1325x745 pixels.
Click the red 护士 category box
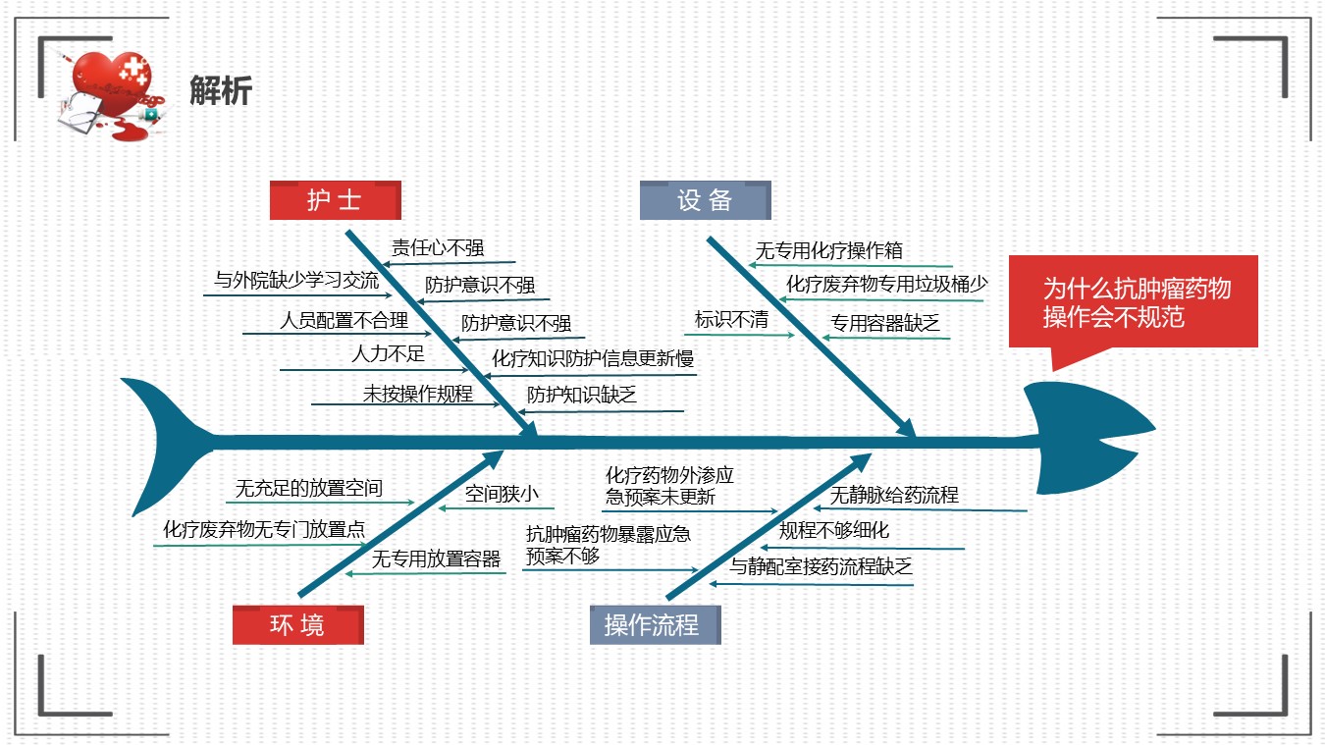click(336, 200)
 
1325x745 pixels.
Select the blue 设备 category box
click(705, 200)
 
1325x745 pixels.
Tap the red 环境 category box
click(298, 625)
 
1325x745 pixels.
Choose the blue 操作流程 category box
click(656, 625)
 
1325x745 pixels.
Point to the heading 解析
click(221, 90)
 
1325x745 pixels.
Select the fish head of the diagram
click(1088, 438)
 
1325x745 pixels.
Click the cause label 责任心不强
click(438, 247)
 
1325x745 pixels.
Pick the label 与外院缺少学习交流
click(296, 280)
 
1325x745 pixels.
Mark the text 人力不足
click(388, 354)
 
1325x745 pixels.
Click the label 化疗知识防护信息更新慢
click(593, 358)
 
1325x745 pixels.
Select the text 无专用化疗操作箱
click(829, 250)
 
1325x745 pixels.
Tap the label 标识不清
click(731, 320)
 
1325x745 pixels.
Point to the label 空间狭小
click(502, 493)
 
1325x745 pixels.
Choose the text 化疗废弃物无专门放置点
click(264, 528)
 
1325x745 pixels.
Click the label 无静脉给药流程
click(894, 495)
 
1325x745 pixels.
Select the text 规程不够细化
click(833, 530)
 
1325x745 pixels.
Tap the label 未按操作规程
click(417, 394)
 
